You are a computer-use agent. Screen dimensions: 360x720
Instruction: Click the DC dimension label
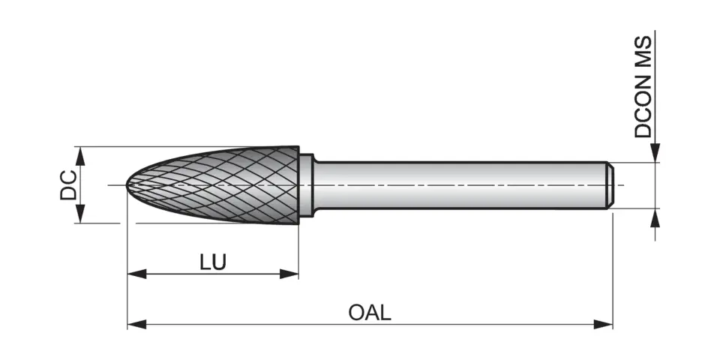click(x=68, y=185)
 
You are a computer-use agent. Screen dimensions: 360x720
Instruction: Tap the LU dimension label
click(x=213, y=262)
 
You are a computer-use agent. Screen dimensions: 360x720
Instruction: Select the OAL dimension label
click(x=370, y=312)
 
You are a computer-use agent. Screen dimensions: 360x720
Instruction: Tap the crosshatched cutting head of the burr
click(x=225, y=184)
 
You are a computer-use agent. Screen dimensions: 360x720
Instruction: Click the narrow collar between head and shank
click(x=306, y=184)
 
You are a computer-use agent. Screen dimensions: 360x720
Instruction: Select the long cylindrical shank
click(x=457, y=184)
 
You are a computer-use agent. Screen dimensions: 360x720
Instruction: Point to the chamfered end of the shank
click(x=610, y=184)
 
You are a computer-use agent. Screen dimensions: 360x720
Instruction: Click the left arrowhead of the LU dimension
click(x=136, y=274)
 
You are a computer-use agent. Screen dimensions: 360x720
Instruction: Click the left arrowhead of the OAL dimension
click(x=136, y=324)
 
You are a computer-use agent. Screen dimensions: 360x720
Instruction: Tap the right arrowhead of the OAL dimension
click(x=604, y=324)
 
